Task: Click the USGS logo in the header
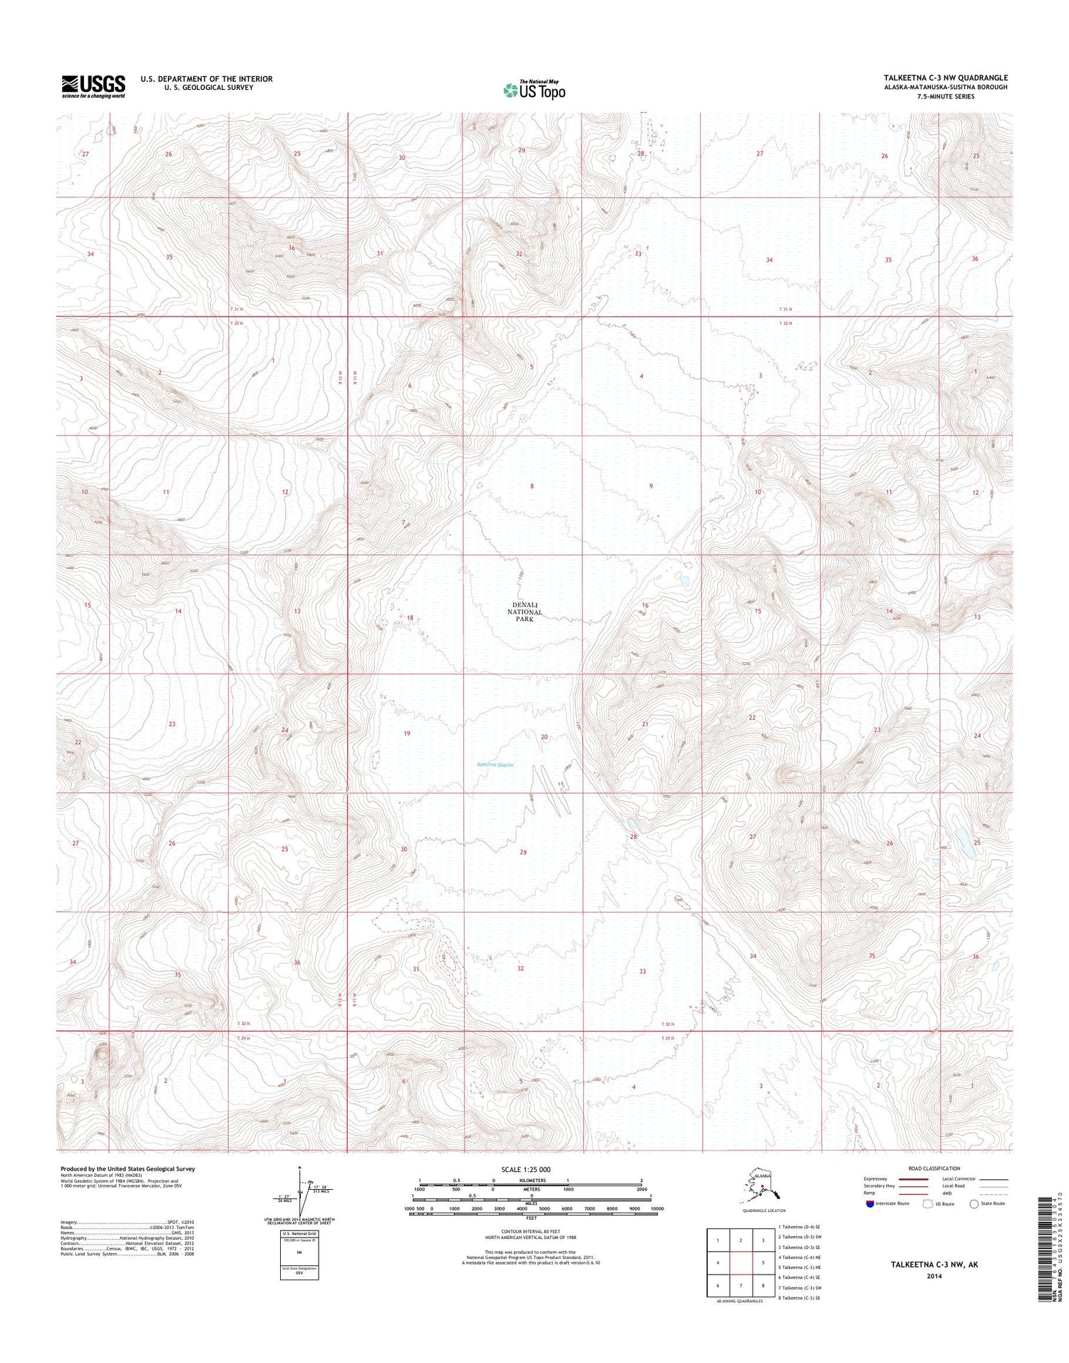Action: (93, 86)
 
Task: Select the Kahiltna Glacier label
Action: (495, 765)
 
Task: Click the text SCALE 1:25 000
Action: (525, 1170)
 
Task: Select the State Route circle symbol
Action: (974, 1204)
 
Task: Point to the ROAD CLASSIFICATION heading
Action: (934, 1168)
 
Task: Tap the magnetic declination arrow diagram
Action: (304, 1192)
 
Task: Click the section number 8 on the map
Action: (532, 486)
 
